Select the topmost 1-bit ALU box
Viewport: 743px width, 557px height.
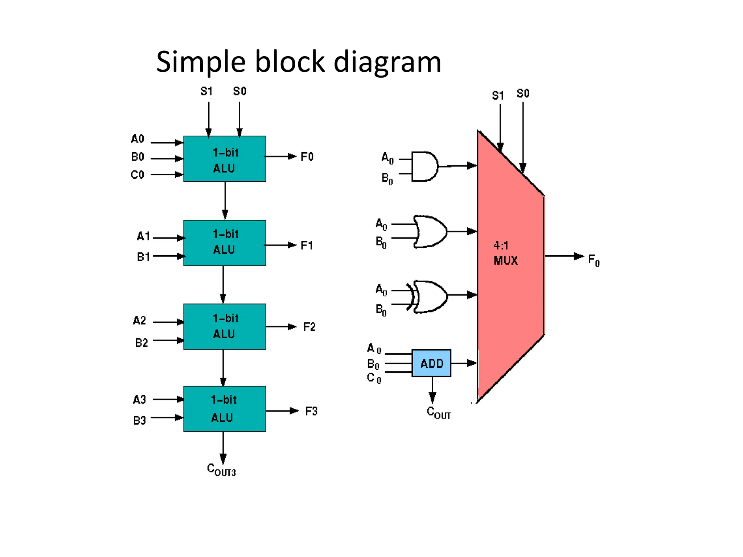click(x=225, y=159)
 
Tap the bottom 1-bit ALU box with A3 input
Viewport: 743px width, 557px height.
click(x=225, y=409)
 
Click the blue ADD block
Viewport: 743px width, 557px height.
click(x=431, y=363)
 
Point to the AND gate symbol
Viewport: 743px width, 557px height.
click(x=425, y=166)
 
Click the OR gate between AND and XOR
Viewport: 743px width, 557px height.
click(x=430, y=231)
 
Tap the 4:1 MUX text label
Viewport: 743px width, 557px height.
click(x=505, y=253)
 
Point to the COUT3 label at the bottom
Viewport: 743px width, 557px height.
click(x=221, y=470)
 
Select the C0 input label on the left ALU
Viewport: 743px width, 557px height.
click(x=137, y=175)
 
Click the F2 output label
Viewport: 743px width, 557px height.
click(x=309, y=327)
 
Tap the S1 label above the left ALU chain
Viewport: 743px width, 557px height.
click(x=206, y=91)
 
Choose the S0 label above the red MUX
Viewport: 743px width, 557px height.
click(x=523, y=94)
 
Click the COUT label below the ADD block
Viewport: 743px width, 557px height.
click(x=438, y=413)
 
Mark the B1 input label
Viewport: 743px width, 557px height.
click(x=143, y=257)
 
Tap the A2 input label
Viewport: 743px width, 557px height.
click(x=139, y=321)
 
